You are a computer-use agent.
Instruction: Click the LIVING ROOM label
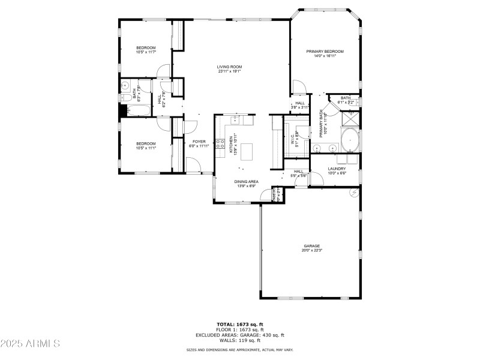pyautogui.click(x=229, y=67)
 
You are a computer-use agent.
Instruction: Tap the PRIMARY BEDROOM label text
pyautogui.click(x=325, y=52)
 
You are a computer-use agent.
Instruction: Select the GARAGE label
pyautogui.click(x=311, y=245)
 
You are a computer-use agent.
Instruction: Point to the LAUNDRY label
pyautogui.click(x=337, y=169)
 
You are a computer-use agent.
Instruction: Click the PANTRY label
pyautogui.click(x=275, y=194)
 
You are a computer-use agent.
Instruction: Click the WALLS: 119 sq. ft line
pyautogui.click(x=239, y=340)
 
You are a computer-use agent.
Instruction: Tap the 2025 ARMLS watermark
pyautogui.click(x=30, y=344)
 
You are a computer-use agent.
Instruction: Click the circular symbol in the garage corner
pyautogui.click(x=354, y=193)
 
